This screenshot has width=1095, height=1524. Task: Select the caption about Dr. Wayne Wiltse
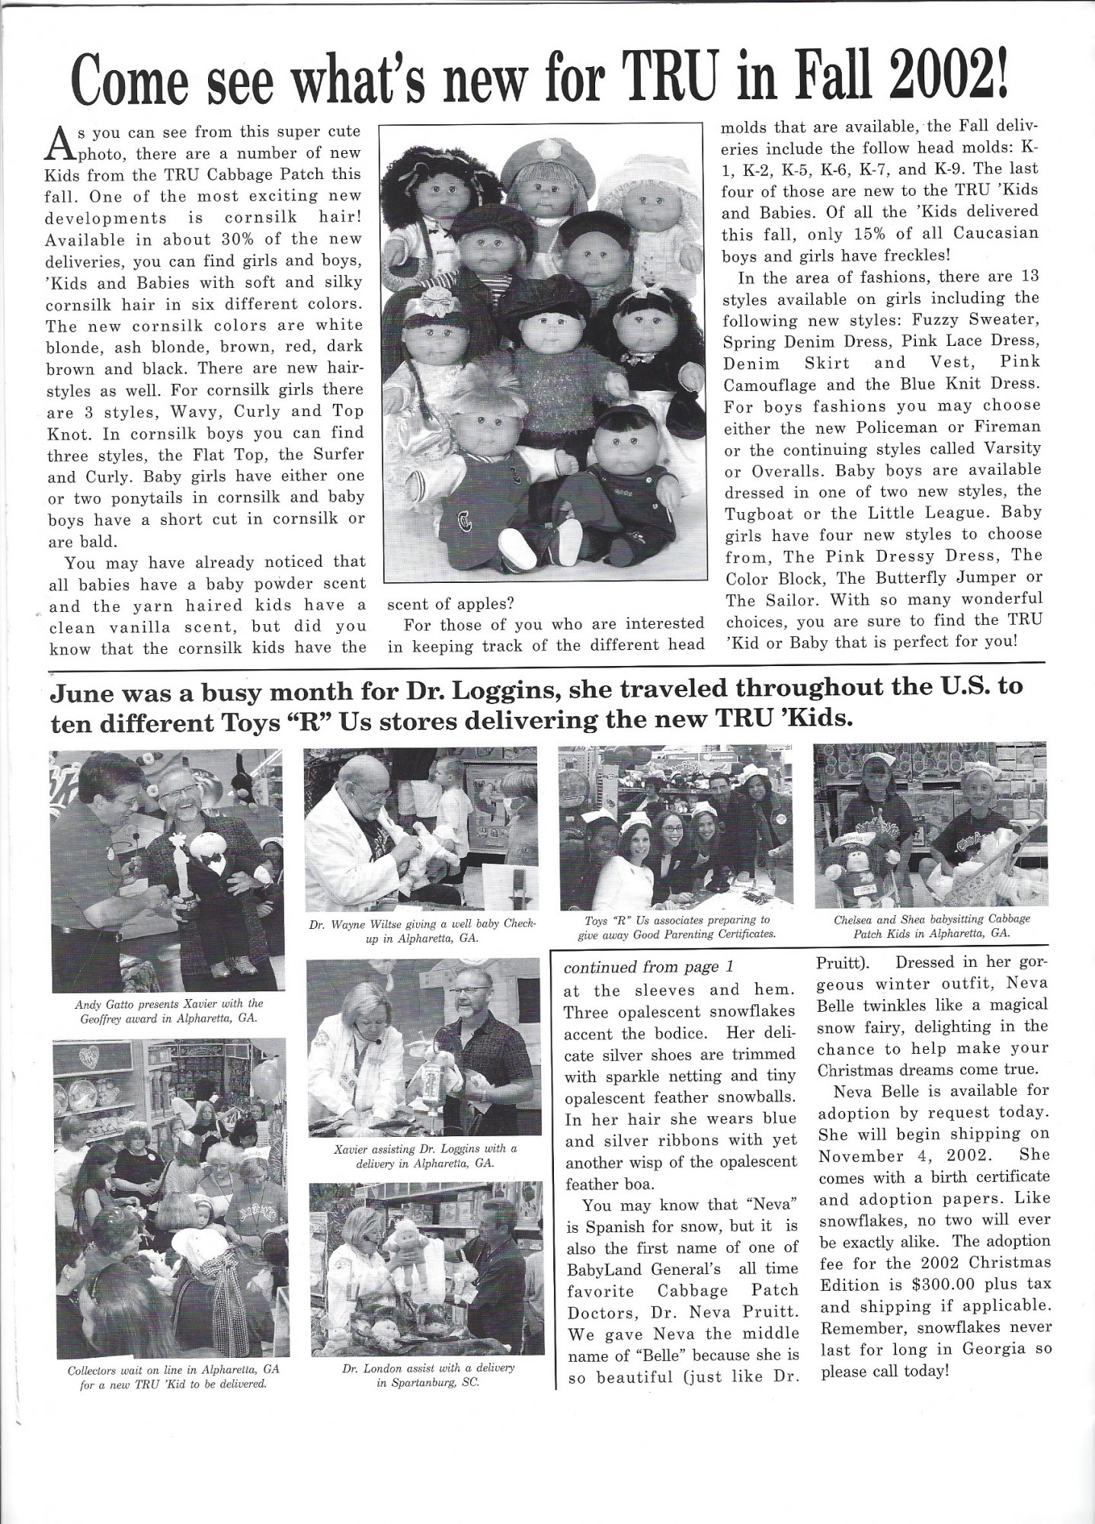point(423,930)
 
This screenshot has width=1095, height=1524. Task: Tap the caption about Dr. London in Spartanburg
point(429,1374)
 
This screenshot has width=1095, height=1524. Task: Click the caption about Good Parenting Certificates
point(677,927)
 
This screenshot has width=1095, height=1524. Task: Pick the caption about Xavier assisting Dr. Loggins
point(425,1156)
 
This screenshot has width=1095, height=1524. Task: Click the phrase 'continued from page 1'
point(648,967)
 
